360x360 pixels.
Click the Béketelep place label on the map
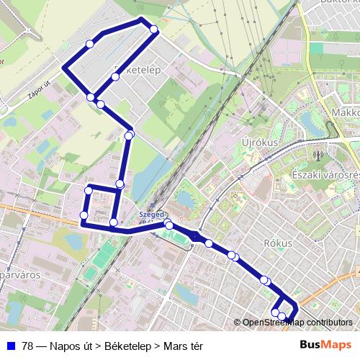(x=137, y=69)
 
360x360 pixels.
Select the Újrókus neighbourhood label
(x=261, y=143)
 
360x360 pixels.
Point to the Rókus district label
(x=278, y=243)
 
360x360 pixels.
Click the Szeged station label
(x=153, y=214)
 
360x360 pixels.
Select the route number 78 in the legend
(x=27, y=346)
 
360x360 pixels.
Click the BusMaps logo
(x=325, y=345)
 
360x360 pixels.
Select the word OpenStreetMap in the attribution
(x=273, y=322)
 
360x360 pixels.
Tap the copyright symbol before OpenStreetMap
(x=238, y=322)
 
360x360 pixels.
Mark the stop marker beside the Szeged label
(x=168, y=225)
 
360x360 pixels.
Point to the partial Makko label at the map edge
(x=346, y=112)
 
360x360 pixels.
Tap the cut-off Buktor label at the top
(x=338, y=4)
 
